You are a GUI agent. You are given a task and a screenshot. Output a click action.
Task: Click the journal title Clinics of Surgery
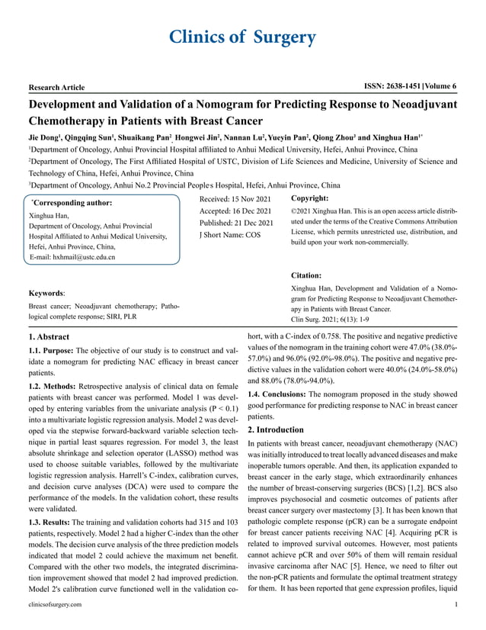click(x=243, y=37)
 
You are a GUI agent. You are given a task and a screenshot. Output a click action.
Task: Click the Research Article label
click(x=56, y=88)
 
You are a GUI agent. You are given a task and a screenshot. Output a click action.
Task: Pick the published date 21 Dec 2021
click(x=256, y=223)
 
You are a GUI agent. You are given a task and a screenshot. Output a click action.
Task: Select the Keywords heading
click(x=47, y=292)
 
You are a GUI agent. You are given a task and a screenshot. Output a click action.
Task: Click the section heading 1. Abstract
click(x=48, y=336)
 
